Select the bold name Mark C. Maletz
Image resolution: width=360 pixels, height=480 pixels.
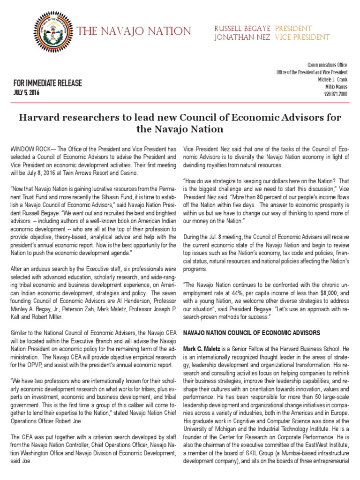(203, 349)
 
